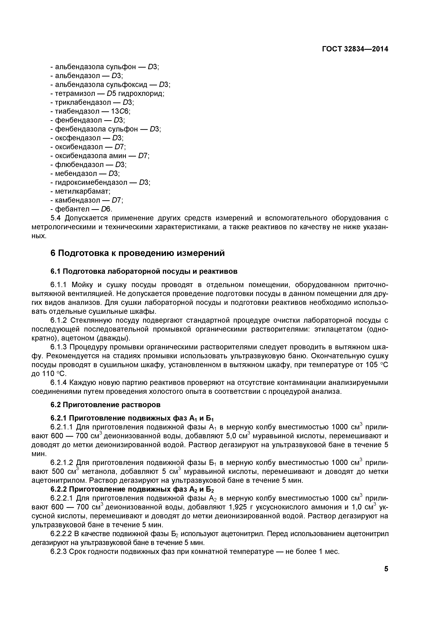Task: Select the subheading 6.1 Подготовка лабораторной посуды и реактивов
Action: click(x=144, y=271)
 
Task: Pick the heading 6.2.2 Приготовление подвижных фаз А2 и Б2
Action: click(x=133, y=490)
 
